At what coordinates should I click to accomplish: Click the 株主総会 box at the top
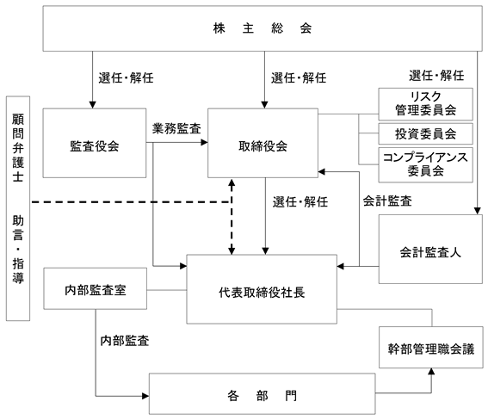(263, 28)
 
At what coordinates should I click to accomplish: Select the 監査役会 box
(95, 143)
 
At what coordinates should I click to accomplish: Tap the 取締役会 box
(263, 143)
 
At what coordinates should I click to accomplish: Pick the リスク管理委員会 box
(425, 104)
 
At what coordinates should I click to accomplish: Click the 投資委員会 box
(425, 133)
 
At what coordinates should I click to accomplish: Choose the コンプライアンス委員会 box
(425, 165)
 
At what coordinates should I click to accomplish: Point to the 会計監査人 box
(430, 249)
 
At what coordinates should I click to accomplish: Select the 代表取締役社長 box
(262, 289)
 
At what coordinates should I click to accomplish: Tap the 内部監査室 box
(95, 288)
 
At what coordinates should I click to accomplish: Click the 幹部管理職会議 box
(431, 347)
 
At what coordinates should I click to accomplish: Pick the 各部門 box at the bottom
(262, 394)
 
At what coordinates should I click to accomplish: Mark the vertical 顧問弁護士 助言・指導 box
(18, 208)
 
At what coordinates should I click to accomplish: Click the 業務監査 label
(176, 128)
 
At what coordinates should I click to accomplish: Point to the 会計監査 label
(387, 201)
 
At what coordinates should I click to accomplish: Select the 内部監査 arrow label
(125, 341)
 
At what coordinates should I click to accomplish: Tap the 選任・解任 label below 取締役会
(300, 202)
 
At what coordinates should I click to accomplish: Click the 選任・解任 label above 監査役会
(126, 77)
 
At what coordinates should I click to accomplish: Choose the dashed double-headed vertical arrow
(232, 217)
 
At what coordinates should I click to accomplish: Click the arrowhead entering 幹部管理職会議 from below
(431, 372)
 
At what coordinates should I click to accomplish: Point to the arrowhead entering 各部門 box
(145, 396)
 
